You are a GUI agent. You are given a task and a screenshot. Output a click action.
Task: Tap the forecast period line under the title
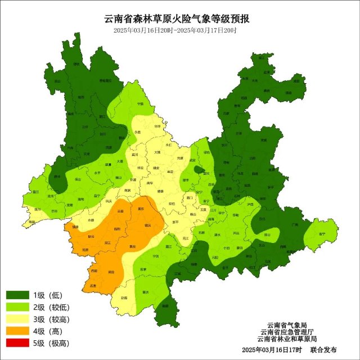point(175,30)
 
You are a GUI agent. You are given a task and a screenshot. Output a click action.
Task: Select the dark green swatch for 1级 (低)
point(18,295)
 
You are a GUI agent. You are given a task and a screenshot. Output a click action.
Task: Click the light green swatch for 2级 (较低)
point(18,307)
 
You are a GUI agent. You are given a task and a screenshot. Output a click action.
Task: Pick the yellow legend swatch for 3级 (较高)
point(18,319)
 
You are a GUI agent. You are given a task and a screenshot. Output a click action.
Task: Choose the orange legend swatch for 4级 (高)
point(18,331)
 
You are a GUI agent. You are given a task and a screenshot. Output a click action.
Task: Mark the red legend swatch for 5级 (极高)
point(18,343)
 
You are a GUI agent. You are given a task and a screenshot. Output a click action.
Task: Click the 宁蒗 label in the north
point(140,105)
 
